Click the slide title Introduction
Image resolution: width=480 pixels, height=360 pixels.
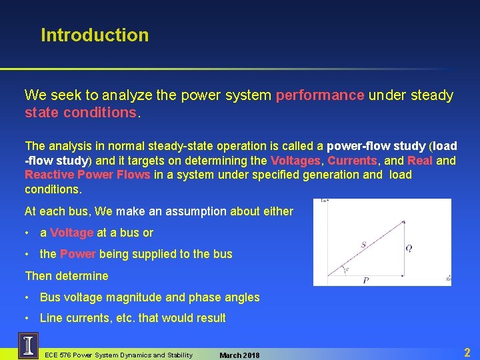[95, 35]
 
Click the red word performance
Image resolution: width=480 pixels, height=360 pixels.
[320, 95]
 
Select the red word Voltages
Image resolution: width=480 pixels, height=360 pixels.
[296, 160]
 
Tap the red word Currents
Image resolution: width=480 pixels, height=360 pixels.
[353, 160]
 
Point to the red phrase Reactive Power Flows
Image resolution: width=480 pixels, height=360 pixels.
[88, 175]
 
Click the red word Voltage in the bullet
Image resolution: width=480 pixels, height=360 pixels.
[71, 233]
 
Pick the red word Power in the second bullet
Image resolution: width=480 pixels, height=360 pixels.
[78, 254]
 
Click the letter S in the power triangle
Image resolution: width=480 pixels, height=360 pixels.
[363, 245]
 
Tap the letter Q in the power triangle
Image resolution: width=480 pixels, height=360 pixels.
[409, 248]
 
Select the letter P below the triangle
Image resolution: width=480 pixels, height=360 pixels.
[366, 281]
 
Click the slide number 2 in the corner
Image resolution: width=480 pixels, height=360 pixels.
[467, 352]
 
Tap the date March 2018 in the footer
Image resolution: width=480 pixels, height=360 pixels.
[239, 355]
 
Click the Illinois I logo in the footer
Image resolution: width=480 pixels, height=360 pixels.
[29, 345]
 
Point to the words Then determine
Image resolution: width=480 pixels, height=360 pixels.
[66, 276]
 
